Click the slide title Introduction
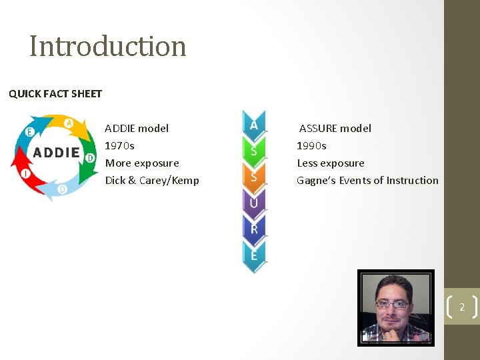(107, 46)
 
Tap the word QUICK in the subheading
(24, 94)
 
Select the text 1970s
(119, 145)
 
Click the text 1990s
(311, 145)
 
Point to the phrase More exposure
(142, 163)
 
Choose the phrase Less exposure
(331, 163)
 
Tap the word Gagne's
(316, 180)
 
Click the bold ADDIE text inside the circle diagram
(56, 153)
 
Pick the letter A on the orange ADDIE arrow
(68, 123)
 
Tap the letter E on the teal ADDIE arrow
(29, 132)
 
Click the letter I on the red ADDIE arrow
(25, 173)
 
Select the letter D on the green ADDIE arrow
(90, 158)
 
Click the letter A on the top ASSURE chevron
(254, 125)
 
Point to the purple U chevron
(254, 203)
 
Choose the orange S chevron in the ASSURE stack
(254, 177)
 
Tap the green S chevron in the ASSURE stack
(254, 151)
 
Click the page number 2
(461, 307)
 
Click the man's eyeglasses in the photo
(392, 305)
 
